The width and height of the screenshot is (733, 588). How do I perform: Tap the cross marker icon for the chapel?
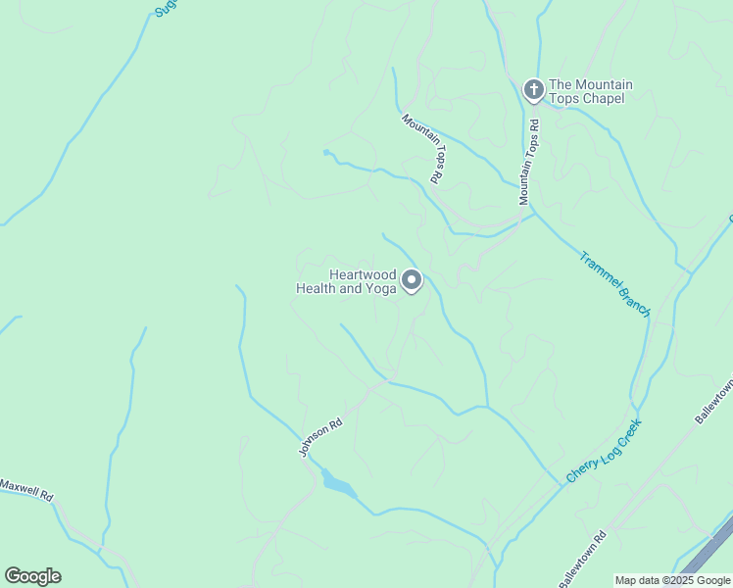(533, 91)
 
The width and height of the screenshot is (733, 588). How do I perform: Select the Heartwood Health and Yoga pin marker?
(413, 281)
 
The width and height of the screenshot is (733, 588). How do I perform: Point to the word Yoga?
(380, 289)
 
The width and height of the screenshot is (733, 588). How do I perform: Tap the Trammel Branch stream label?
(614, 284)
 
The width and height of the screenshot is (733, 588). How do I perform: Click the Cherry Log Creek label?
(604, 451)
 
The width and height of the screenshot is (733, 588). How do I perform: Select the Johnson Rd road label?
(320, 437)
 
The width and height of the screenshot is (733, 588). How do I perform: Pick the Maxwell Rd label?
(25, 489)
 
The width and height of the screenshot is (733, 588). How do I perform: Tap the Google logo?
(32, 576)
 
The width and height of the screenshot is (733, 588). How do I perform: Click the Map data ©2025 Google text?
(672, 580)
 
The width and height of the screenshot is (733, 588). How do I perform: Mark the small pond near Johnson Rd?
(336, 484)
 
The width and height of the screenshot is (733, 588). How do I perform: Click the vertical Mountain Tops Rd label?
(529, 163)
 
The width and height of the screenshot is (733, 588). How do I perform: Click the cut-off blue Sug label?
(164, 9)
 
